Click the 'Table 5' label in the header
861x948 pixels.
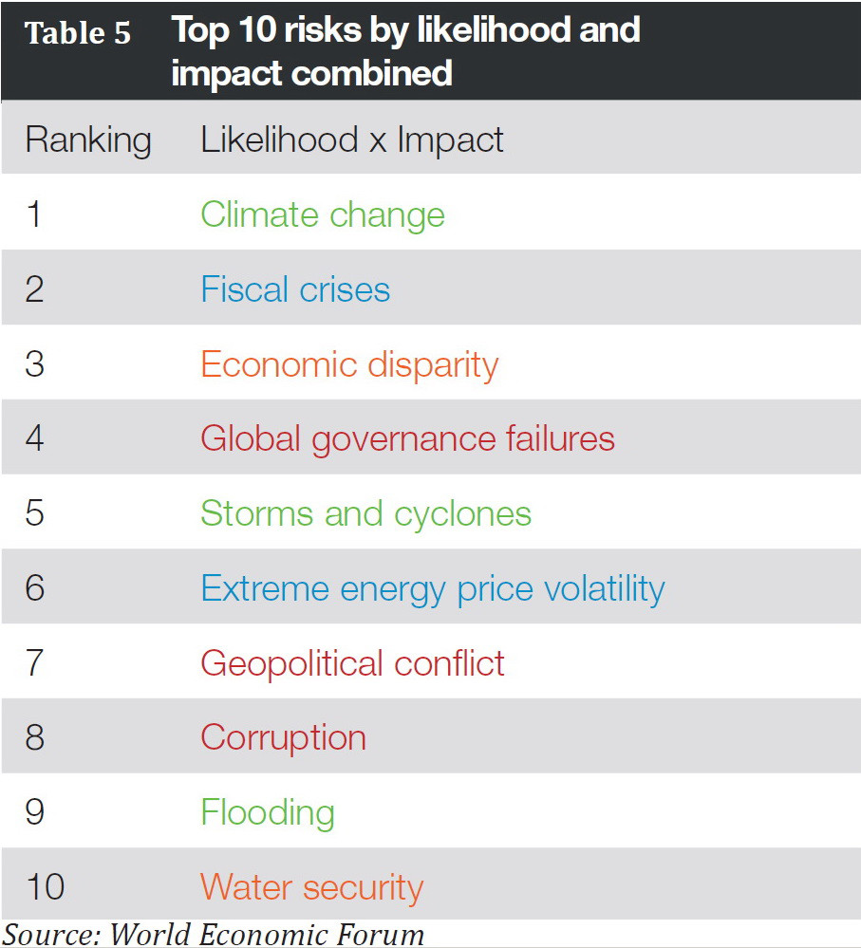click(78, 34)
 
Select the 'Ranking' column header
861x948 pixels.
click(88, 140)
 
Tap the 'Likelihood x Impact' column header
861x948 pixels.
click(351, 140)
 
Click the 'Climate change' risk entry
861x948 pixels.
click(322, 215)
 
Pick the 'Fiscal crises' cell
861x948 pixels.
click(295, 289)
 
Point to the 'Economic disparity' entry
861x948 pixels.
click(349, 364)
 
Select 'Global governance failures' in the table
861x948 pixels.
click(407, 439)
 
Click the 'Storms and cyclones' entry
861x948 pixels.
click(365, 513)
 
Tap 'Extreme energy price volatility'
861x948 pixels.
click(432, 588)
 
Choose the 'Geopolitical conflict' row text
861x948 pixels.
click(352, 663)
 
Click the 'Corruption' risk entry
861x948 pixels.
click(283, 737)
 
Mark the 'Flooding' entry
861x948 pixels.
click(267, 813)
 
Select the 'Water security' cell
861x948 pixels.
click(311, 887)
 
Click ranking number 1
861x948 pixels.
click(34, 215)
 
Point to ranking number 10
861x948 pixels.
click(45, 887)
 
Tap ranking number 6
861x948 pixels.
click(35, 588)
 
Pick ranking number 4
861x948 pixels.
click(35, 439)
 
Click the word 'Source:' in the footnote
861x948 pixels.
click(52, 935)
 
